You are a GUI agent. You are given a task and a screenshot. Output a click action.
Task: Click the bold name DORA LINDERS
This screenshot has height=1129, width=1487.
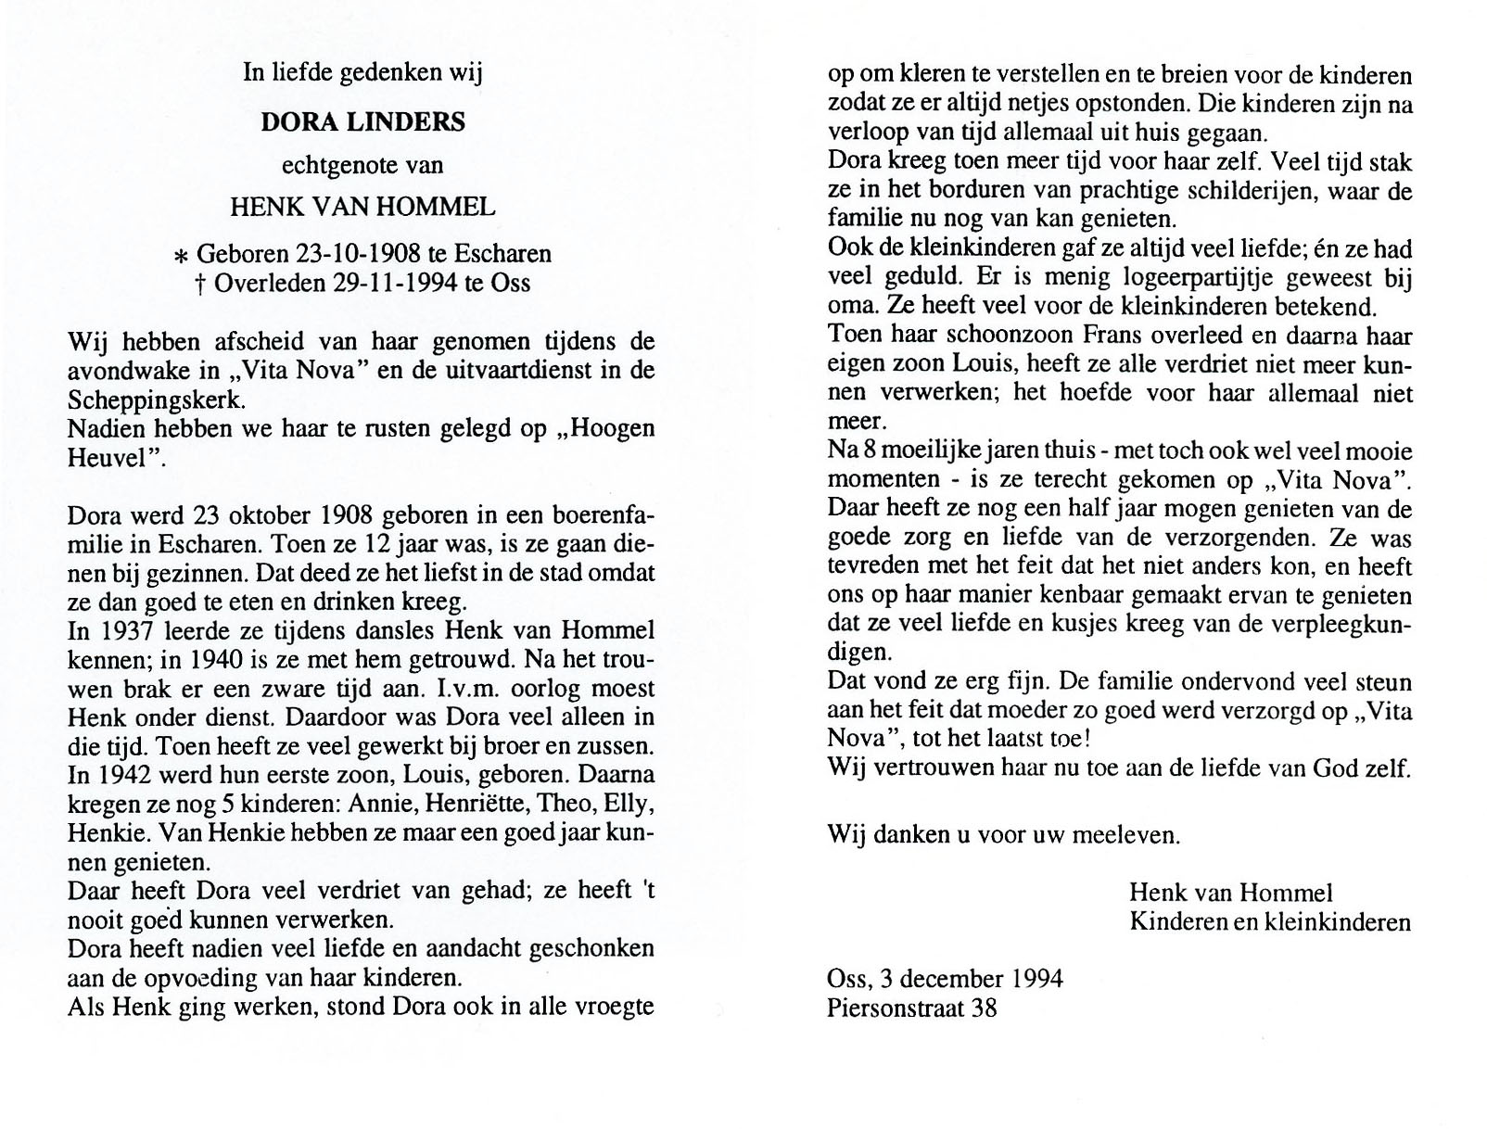362,122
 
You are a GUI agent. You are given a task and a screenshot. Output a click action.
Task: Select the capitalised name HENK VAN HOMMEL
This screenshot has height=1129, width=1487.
362,207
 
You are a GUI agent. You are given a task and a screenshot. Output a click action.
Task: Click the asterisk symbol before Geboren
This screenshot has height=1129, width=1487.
181,256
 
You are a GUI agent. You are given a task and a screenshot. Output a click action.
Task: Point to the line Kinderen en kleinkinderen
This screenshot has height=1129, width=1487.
1269,922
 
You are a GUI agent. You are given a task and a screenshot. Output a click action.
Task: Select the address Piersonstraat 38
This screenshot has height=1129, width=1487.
912,1008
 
